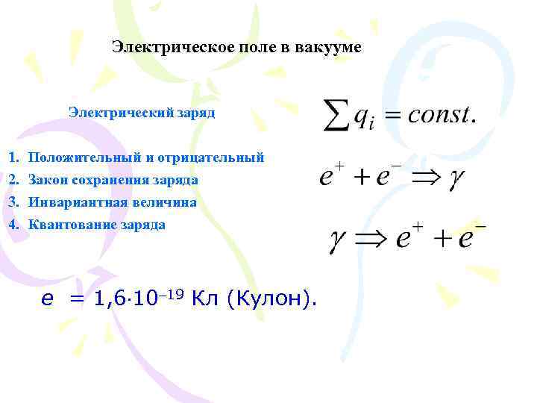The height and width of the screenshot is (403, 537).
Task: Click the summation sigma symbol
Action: pos(337,115)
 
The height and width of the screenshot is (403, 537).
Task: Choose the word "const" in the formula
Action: pos(436,115)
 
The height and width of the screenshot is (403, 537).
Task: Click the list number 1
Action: pos(13,157)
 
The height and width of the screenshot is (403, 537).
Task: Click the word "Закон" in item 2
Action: pos(45,180)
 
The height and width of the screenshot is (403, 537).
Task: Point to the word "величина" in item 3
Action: pos(161,202)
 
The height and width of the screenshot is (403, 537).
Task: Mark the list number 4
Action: pos(13,225)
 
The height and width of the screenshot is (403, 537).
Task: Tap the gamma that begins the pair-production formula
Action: pos(340,240)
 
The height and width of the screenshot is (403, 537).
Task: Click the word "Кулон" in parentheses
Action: pos(270,299)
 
